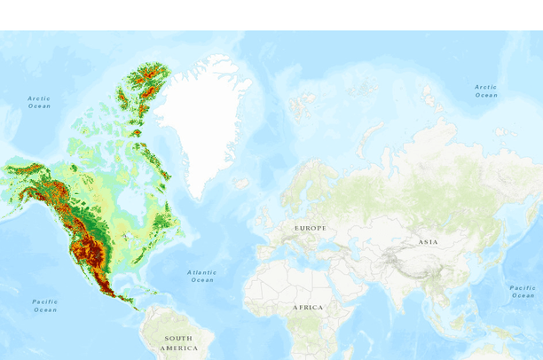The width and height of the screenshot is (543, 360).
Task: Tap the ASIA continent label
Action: click(429, 241)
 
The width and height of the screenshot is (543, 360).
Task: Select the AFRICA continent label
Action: click(309, 307)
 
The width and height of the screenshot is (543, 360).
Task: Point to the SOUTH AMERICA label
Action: click(177, 342)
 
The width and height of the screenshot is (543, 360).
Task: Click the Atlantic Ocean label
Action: click(202, 276)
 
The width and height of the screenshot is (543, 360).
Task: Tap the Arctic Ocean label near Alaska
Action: click(39, 102)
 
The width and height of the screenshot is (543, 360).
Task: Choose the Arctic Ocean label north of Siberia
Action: click(485, 90)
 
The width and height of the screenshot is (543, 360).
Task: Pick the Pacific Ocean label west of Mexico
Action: click(45, 306)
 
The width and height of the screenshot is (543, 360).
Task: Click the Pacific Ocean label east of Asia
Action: click(523, 291)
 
